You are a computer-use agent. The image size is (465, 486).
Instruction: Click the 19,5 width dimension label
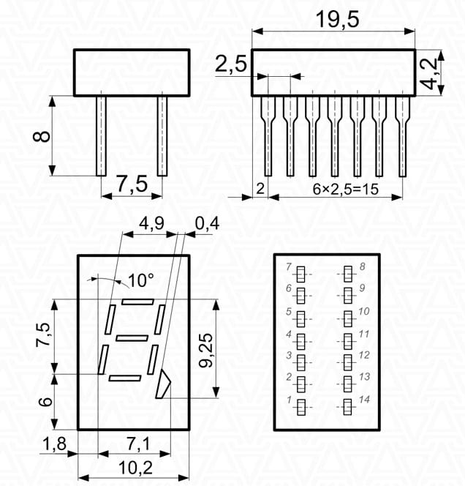pos(337,19)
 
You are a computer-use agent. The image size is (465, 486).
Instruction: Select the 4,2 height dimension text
pos(430,73)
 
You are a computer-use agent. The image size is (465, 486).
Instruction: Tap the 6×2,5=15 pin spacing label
pos(346,189)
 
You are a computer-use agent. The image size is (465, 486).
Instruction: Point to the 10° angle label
pos(140,280)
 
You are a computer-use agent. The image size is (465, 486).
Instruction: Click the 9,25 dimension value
pos(206,351)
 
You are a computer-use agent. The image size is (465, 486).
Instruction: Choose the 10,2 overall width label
pos(135,468)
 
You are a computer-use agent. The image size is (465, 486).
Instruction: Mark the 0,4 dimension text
pos(207,223)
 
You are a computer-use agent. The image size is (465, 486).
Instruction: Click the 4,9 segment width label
pos(151,223)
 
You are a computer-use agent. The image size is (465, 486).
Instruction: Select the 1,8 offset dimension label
pos(55,444)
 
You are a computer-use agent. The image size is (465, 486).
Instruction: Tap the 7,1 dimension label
pos(138,444)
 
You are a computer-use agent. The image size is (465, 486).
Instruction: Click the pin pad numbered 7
pos(300,274)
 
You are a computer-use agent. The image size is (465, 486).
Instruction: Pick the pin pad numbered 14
pos(348,407)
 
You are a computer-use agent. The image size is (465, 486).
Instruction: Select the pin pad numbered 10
pos(348,318)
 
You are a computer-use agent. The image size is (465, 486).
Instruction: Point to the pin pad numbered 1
pos(301,407)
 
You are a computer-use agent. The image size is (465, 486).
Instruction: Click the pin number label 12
pos(364,355)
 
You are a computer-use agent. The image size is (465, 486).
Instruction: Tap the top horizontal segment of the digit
pos(137,302)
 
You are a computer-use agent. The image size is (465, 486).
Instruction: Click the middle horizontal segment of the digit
pos(132,338)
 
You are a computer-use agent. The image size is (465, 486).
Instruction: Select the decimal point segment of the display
pos(162,384)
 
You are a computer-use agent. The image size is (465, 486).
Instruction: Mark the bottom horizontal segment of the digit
pos(125,378)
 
